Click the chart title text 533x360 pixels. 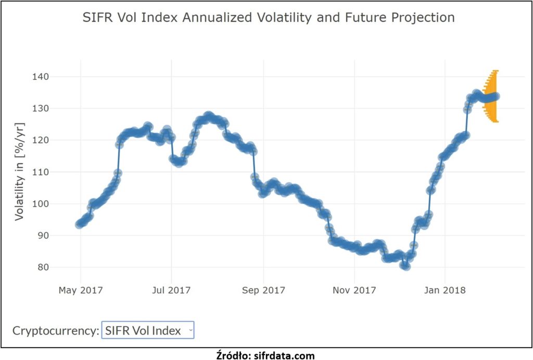coord(269,18)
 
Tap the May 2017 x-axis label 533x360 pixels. coord(81,290)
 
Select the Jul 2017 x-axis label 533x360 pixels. coord(171,290)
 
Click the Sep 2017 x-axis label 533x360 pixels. coord(263,290)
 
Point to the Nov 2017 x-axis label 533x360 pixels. coord(354,290)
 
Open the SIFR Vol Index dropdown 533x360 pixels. coord(148,330)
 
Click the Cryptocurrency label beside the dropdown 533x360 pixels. coord(56,330)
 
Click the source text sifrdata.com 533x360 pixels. coord(265,355)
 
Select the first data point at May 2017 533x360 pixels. coord(79,224)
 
